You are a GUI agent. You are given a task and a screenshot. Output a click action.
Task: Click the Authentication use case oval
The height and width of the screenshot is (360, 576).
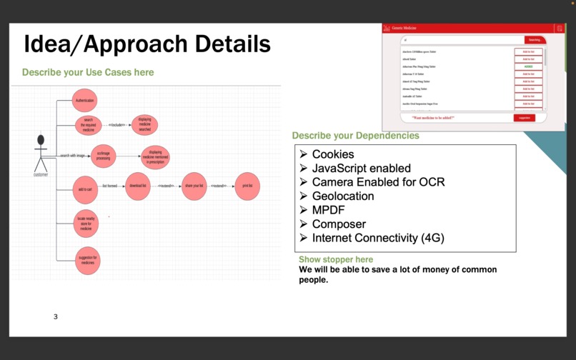point(84,101)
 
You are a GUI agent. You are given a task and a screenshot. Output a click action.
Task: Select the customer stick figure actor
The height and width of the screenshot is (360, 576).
point(41,153)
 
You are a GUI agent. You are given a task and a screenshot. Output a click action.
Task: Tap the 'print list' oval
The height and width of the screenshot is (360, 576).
point(247,186)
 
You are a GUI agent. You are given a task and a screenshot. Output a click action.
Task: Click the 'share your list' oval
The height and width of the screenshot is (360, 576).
point(194,186)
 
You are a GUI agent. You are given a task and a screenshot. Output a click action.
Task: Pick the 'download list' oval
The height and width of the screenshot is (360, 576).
point(138,186)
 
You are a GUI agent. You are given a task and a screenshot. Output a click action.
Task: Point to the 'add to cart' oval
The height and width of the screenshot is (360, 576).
point(85,189)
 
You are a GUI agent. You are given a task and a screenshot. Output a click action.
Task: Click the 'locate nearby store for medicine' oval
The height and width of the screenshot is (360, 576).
point(86,224)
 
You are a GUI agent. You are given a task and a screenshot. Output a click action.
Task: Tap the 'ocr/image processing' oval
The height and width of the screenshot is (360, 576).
point(103,156)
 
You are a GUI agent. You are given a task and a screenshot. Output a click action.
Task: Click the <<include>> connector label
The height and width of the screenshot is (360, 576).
point(116,125)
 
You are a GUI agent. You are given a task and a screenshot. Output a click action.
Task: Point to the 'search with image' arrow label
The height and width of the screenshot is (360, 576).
point(72,155)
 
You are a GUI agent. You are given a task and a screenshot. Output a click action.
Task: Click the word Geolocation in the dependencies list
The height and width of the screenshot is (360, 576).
point(342,196)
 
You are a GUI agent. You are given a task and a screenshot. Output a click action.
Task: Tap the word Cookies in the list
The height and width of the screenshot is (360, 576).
point(332,154)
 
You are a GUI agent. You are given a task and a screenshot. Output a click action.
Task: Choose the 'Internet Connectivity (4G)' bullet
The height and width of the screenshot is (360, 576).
point(377,238)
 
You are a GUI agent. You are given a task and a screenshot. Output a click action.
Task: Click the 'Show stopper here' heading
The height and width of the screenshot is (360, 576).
point(335,259)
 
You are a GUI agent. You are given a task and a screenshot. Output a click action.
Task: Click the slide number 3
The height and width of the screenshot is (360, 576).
point(56,316)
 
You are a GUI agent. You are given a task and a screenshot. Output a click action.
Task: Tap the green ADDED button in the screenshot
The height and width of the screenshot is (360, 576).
point(528,66)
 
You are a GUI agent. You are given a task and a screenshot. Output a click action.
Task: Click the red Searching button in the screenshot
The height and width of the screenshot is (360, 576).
point(535,40)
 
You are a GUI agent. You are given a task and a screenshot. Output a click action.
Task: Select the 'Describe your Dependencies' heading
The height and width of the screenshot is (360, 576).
point(355,136)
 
